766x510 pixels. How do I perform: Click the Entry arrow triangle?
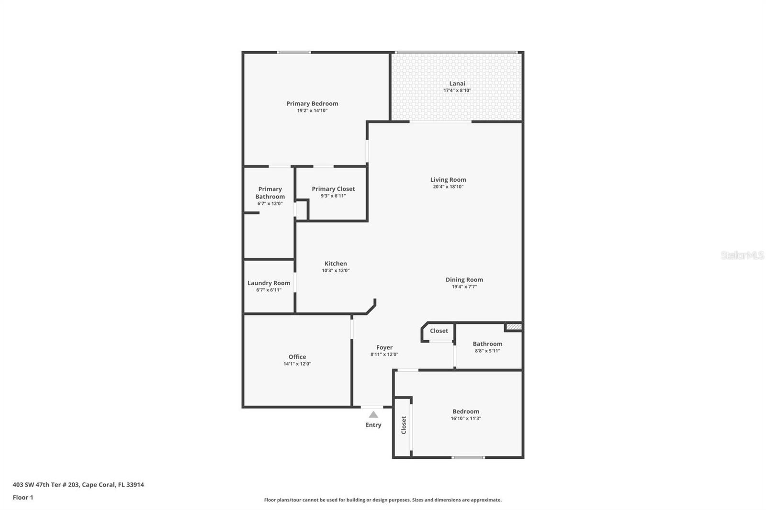pyautogui.click(x=373, y=415)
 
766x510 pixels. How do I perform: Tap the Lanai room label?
pyautogui.click(x=457, y=83)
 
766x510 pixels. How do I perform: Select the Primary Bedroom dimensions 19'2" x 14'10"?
pyautogui.click(x=312, y=111)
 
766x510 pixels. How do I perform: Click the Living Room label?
pyautogui.click(x=448, y=180)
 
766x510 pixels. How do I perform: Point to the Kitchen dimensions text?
pyautogui.click(x=336, y=271)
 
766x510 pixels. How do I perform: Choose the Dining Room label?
pyautogui.click(x=464, y=280)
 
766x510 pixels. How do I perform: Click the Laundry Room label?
pyautogui.click(x=269, y=283)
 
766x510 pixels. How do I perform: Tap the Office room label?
pyautogui.click(x=297, y=357)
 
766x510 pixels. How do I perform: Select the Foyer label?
pyautogui.click(x=384, y=348)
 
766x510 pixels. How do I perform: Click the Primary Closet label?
pyautogui.click(x=333, y=189)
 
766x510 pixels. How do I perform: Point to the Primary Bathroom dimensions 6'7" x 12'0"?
pyautogui.click(x=270, y=204)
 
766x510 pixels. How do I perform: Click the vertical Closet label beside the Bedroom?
pyautogui.click(x=404, y=425)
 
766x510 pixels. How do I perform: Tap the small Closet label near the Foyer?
pyautogui.click(x=439, y=331)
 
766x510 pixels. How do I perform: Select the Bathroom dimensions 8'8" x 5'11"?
pyautogui.click(x=487, y=351)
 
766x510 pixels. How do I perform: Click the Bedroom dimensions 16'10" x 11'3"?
pyautogui.click(x=466, y=419)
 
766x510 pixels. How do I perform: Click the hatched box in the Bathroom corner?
pyautogui.click(x=514, y=327)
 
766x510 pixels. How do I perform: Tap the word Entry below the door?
pyautogui.click(x=373, y=425)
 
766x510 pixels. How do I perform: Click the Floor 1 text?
pyautogui.click(x=23, y=498)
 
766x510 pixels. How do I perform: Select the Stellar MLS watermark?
pyautogui.click(x=742, y=255)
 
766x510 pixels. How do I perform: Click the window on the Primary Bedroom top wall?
pyautogui.click(x=294, y=52)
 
